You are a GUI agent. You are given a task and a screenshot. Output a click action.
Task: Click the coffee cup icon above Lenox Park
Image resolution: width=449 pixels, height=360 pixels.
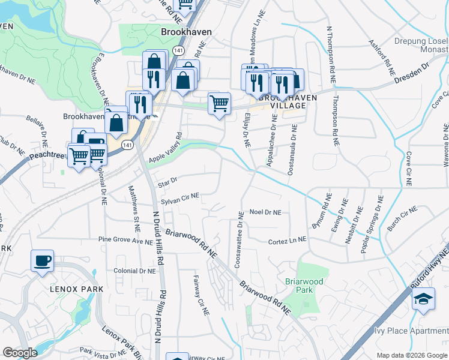pos(42,261)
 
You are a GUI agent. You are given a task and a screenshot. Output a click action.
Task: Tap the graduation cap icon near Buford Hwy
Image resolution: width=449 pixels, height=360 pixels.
pos(424,298)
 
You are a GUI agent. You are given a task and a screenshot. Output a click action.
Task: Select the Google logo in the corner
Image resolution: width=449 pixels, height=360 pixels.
pos(20,353)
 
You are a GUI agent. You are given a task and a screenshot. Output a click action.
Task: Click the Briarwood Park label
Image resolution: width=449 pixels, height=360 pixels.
pos(304,286)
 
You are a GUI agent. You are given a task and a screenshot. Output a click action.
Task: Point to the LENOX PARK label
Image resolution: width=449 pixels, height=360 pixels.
pos(78,289)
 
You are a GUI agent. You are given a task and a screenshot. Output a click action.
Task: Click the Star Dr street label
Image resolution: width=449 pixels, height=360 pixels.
pos(166,180)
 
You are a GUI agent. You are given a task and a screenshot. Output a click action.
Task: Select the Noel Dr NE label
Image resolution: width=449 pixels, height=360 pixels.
pos(265,212)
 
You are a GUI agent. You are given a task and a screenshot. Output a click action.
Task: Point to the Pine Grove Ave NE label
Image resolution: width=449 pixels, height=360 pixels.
pos(126,241)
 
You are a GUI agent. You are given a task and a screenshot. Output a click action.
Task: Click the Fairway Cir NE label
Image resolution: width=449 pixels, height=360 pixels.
pos(200,295)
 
